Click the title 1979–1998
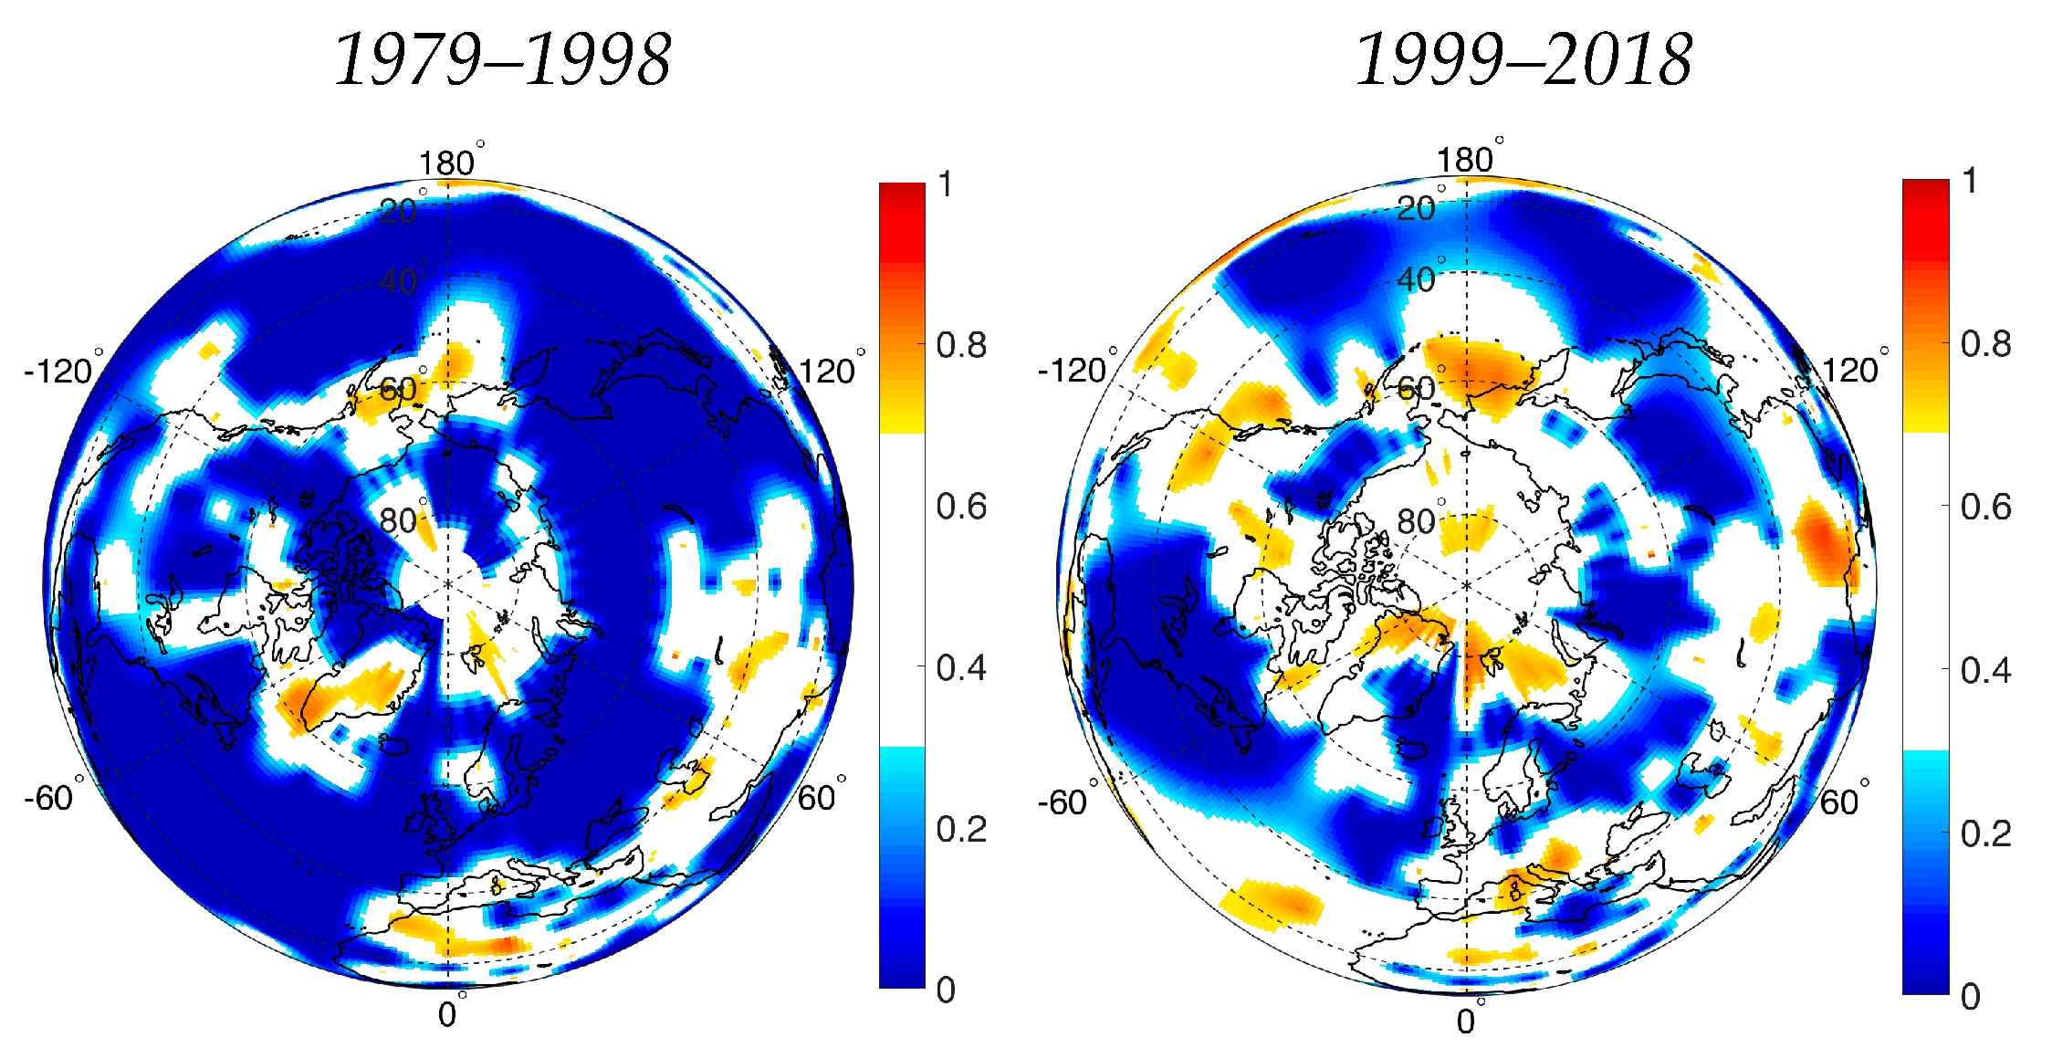502,60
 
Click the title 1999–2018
1523,60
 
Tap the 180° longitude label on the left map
447,162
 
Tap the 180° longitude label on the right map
1465,160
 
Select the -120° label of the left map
59,371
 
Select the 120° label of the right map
1850,370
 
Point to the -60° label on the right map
1063,802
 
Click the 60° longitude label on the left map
817,798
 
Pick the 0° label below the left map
447,1014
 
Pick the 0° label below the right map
1466,1021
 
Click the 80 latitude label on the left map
399,520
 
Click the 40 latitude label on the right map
1417,279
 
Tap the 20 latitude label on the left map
399,211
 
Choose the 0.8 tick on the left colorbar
961,345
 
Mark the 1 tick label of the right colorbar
1971,181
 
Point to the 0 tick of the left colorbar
947,990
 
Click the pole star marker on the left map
447,584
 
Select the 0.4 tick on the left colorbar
961,667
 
